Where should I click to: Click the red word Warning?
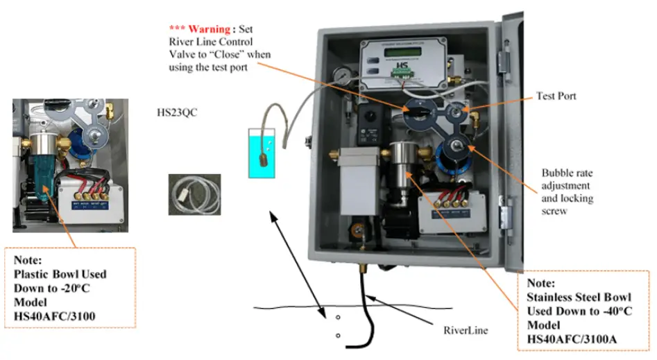point(211,29)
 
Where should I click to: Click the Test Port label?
point(556,96)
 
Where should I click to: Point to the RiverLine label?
point(463,331)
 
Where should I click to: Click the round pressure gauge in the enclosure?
point(339,74)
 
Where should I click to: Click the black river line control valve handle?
point(418,110)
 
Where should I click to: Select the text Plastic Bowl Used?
point(60,273)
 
